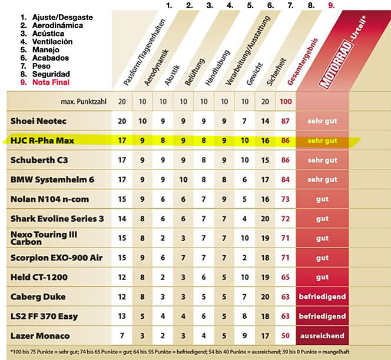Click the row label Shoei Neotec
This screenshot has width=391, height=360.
[x=38, y=121]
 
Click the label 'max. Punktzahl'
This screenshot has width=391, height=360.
[x=85, y=102]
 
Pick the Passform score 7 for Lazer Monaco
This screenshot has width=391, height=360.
[x=122, y=336]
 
